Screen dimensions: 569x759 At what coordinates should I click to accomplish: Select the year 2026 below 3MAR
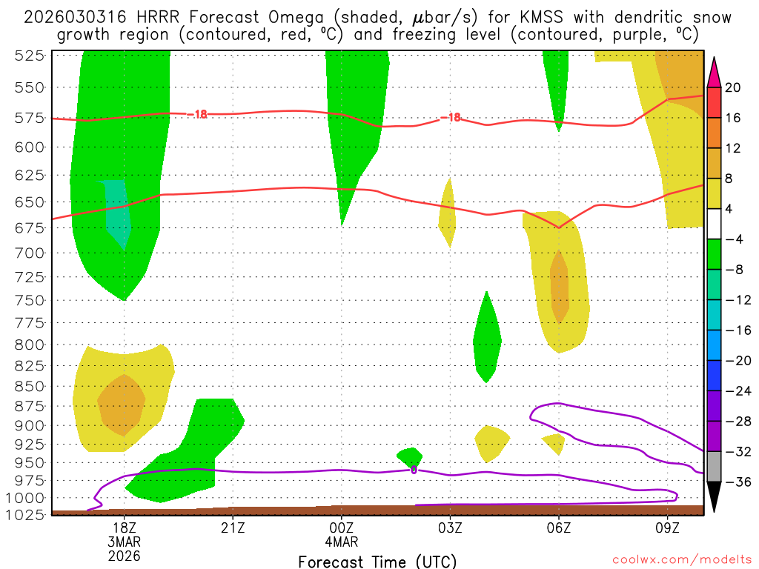tap(124, 555)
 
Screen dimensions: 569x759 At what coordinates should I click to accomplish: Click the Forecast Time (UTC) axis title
tap(377, 561)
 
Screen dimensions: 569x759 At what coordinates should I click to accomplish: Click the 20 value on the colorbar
tap(732, 87)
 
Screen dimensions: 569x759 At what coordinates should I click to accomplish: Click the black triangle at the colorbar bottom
tap(714, 498)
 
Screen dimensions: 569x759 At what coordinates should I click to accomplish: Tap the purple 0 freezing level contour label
tap(414, 470)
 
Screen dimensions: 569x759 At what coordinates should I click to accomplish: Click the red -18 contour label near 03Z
tap(451, 118)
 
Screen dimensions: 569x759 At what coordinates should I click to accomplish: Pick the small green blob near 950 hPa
tap(410, 457)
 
